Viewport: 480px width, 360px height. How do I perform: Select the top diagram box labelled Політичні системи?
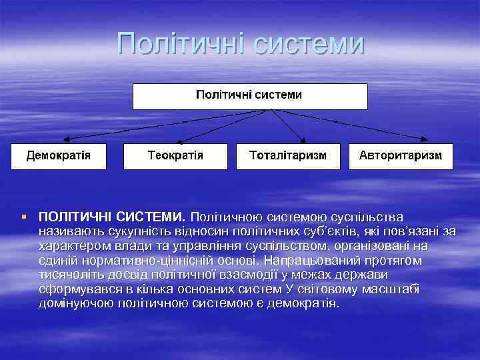coord(250,96)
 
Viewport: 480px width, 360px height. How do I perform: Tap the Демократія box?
coord(59,156)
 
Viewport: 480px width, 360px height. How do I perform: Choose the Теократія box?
coord(175,156)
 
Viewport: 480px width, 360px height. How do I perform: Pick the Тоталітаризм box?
coord(288,156)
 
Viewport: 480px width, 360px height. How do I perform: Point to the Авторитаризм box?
coord(400,156)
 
